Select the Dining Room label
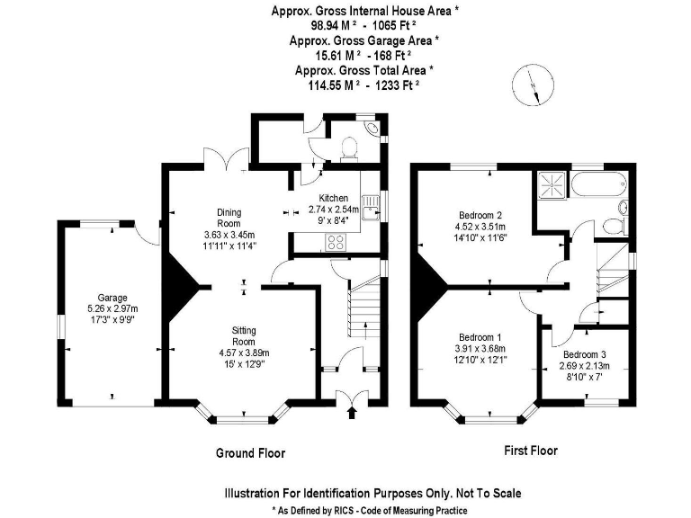229,218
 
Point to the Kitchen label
334,198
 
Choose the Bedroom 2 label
480,215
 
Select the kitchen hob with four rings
337,241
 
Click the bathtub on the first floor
598,186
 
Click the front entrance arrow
351,413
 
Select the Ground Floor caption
250,452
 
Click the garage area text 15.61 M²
328,55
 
